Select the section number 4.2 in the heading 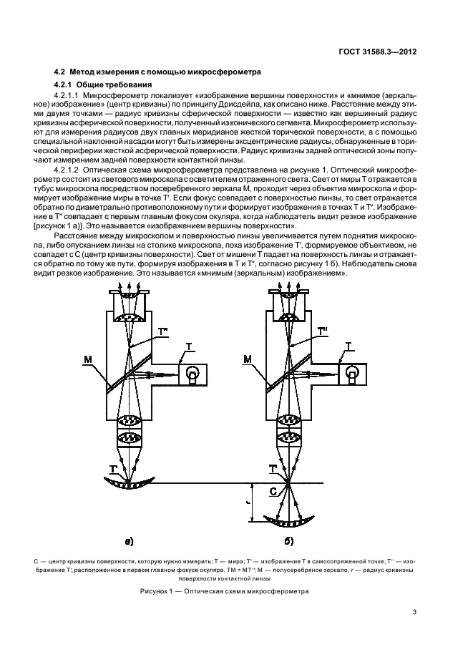(x=61, y=71)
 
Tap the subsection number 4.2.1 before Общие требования (x=67, y=84)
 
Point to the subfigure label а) (x=130, y=540)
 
